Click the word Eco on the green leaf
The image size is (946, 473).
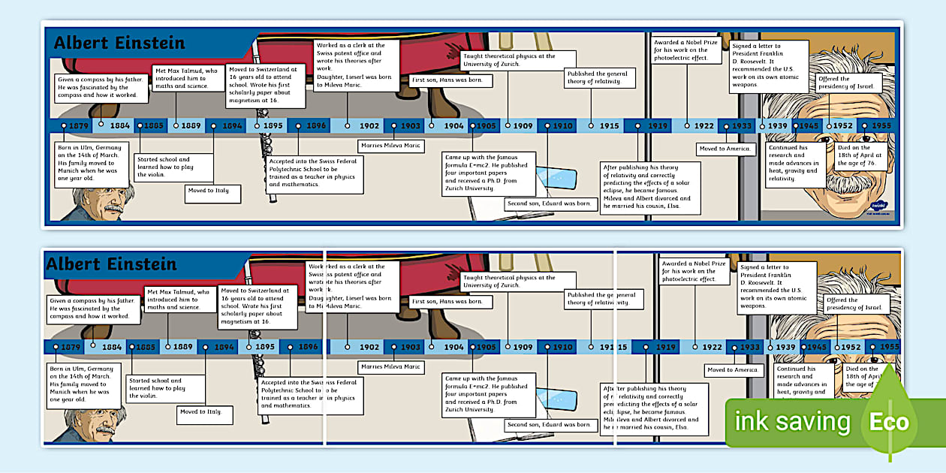click(889, 422)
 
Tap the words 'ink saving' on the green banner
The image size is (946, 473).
click(793, 422)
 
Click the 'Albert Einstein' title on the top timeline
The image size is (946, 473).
click(119, 43)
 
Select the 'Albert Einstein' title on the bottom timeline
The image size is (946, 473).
click(111, 264)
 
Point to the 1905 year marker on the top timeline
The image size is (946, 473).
click(486, 126)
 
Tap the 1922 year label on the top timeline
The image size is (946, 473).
click(703, 126)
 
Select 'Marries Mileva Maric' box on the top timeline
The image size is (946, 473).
click(390, 146)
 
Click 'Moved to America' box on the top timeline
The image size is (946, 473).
click(725, 149)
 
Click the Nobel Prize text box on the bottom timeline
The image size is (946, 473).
click(694, 271)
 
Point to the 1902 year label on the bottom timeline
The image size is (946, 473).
click(369, 348)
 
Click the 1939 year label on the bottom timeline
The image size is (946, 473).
click(785, 348)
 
